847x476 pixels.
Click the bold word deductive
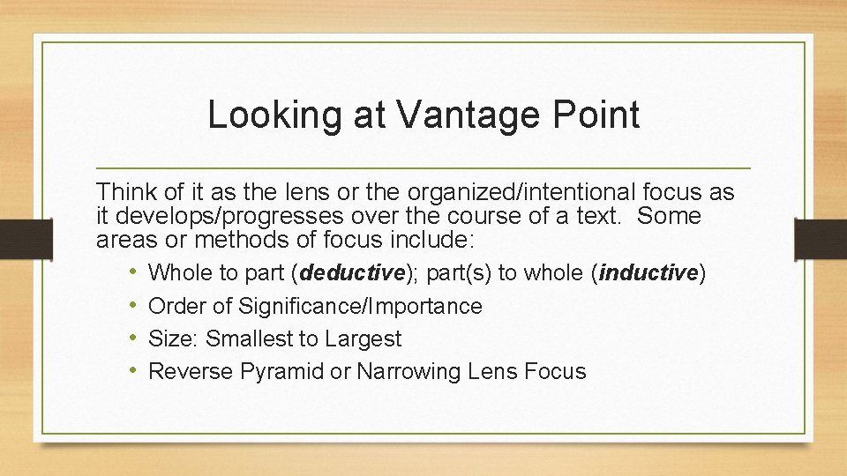pos(352,274)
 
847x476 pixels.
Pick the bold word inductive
pos(648,274)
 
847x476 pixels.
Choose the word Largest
pos(364,339)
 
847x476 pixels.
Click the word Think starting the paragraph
pos(124,191)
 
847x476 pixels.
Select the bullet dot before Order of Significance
pos(131,306)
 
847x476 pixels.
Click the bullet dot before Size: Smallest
pos(131,338)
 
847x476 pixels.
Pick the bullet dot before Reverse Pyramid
pos(131,371)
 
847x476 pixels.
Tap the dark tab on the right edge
pos(821,238)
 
